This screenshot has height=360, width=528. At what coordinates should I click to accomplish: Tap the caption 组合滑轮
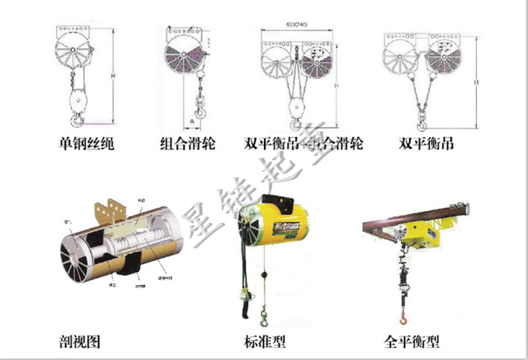tap(187, 143)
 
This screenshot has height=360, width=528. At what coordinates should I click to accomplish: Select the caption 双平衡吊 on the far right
tap(426, 143)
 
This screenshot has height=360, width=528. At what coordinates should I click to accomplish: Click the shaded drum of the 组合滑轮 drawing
tap(182, 57)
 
